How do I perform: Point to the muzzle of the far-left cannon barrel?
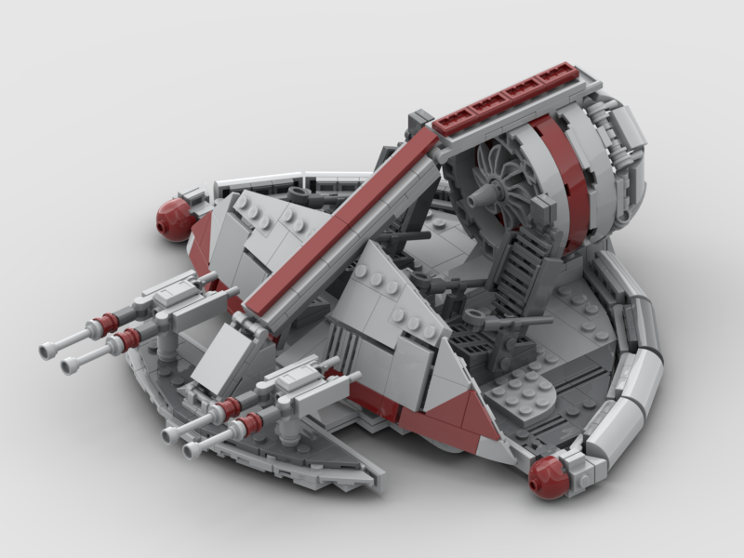click(x=46, y=351)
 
